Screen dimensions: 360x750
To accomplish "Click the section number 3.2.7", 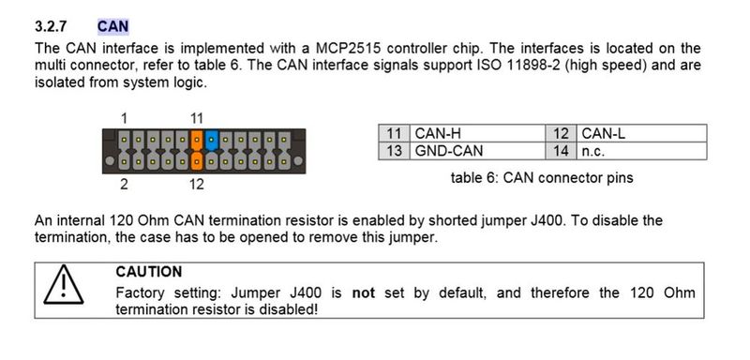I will [52, 27].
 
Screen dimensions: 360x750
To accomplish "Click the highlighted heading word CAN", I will [113, 27].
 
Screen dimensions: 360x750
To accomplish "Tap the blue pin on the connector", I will [212, 141].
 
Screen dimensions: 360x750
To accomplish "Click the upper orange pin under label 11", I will [197, 141].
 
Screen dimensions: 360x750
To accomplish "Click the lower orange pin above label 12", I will [197, 159].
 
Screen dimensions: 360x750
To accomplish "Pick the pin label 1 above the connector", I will [125, 118].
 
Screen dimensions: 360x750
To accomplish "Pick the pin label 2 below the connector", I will [125, 184].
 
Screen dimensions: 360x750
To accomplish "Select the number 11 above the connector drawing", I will [197, 118].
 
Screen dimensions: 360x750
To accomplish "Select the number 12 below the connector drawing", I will [196, 184].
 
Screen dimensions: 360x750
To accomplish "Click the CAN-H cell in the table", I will [437, 134].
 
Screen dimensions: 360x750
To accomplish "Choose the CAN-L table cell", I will [602, 134].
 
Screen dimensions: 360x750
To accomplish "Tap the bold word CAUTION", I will [148, 272].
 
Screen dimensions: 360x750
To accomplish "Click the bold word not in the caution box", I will [363, 292].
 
